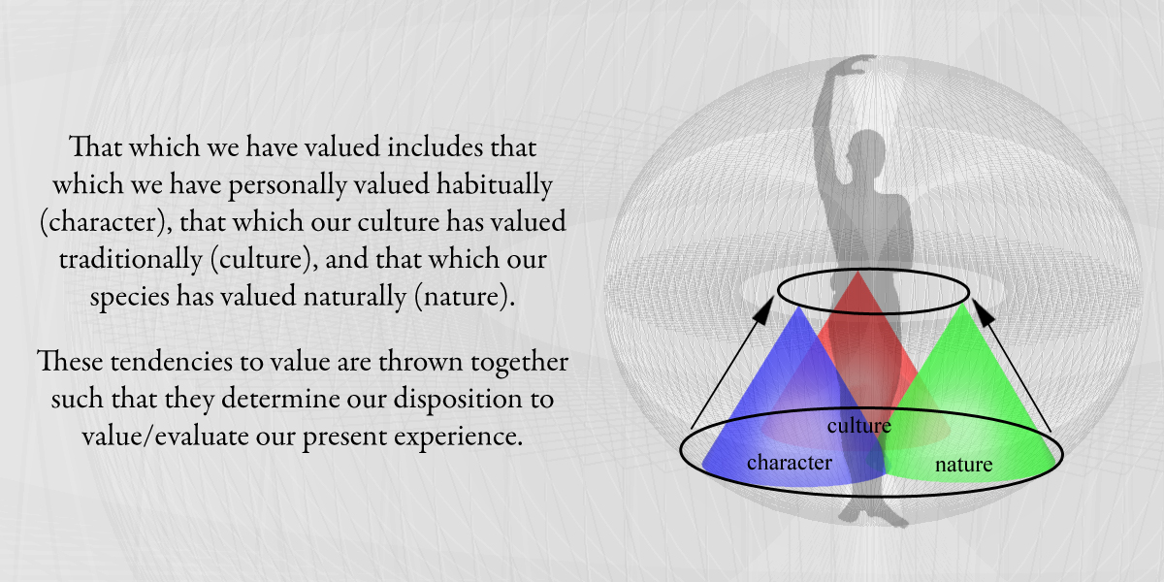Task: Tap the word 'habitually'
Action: (494, 185)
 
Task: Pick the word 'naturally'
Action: (355, 297)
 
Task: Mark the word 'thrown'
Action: (420, 361)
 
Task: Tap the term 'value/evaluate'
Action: (165, 436)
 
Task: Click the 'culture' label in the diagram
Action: (859, 426)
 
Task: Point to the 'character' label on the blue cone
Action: (790, 463)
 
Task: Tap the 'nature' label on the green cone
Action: (963, 464)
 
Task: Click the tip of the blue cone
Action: (799, 307)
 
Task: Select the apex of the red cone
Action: (857, 272)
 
